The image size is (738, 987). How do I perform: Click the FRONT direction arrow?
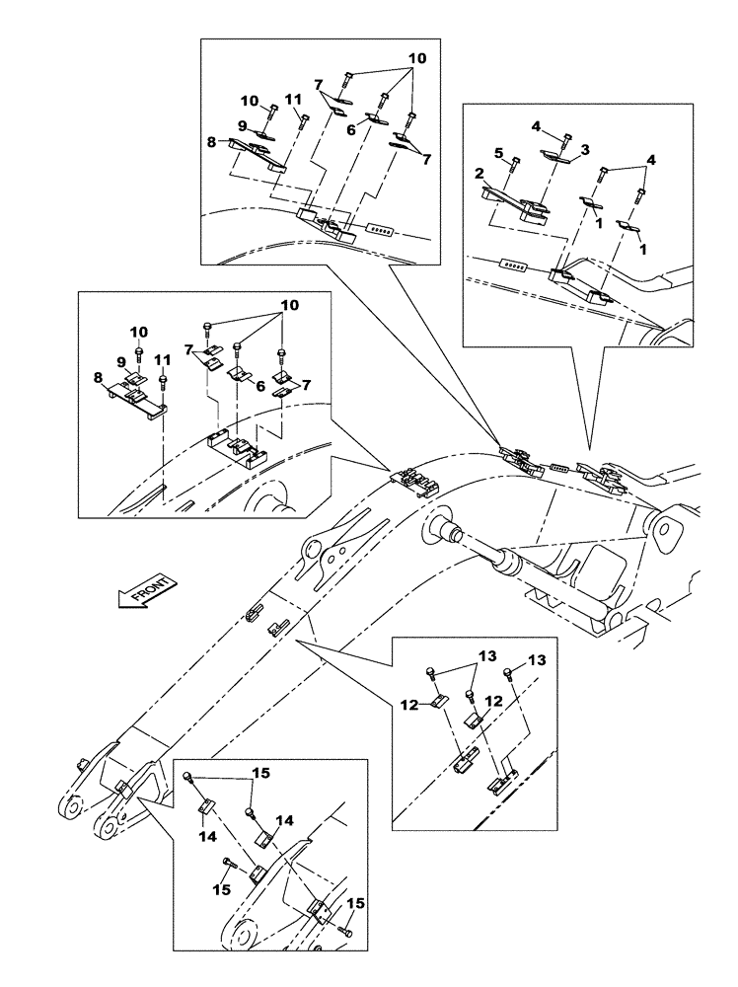[x=146, y=591]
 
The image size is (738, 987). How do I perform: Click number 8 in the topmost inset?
[x=210, y=142]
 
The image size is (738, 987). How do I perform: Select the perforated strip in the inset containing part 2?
[x=516, y=265]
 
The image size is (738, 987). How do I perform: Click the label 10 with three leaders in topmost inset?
[x=417, y=59]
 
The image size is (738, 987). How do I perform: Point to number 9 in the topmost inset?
[x=241, y=126]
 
